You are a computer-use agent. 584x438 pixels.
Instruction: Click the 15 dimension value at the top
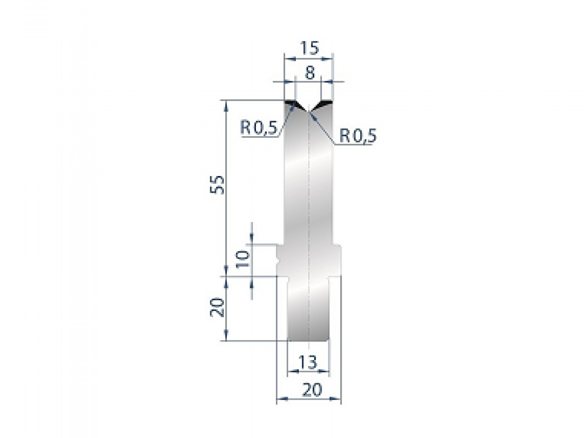point(309,48)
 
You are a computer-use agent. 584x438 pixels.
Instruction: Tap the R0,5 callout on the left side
point(258,128)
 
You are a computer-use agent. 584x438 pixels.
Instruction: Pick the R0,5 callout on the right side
point(358,136)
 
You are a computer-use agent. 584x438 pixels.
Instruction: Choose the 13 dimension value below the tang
point(309,362)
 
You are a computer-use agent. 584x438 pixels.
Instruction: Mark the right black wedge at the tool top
point(324,104)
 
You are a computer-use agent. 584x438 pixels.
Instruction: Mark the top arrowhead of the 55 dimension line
point(226,104)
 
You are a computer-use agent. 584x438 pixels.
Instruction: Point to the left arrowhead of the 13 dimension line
point(292,372)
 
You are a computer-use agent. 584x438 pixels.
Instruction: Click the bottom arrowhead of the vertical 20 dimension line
point(226,337)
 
